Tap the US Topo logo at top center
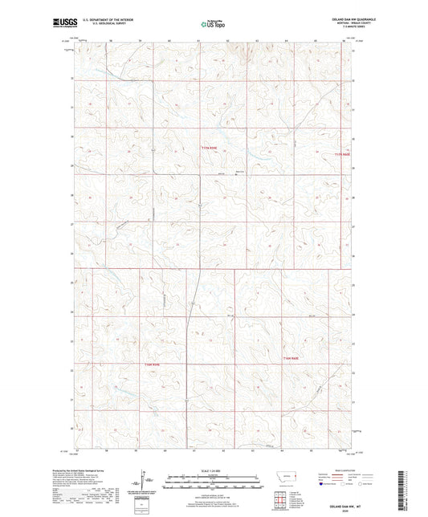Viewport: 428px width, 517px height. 214,24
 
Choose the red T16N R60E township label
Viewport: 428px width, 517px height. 291,358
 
